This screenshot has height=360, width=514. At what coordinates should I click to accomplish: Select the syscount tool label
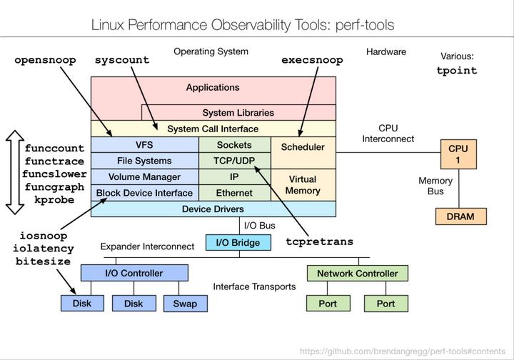click(x=122, y=61)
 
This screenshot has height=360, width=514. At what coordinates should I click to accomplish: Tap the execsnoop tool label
click(x=312, y=61)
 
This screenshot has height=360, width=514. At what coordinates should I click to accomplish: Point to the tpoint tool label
click(x=457, y=71)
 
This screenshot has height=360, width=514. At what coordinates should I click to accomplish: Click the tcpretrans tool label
click(x=319, y=241)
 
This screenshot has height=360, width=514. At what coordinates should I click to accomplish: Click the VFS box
click(x=144, y=146)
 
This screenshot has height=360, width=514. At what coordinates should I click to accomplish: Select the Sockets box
click(x=234, y=146)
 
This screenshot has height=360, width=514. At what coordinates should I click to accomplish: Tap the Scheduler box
click(x=303, y=147)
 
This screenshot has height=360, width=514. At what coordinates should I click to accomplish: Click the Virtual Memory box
click(x=303, y=185)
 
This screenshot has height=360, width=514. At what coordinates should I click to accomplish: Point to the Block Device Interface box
click(x=144, y=193)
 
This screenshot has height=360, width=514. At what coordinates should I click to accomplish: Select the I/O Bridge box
click(x=238, y=243)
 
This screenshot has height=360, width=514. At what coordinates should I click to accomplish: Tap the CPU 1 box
click(x=458, y=154)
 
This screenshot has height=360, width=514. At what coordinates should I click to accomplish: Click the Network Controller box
click(x=358, y=274)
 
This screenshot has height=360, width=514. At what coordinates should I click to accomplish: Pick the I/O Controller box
click(x=134, y=274)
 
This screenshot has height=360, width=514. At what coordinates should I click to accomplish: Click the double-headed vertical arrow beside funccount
click(x=14, y=172)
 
